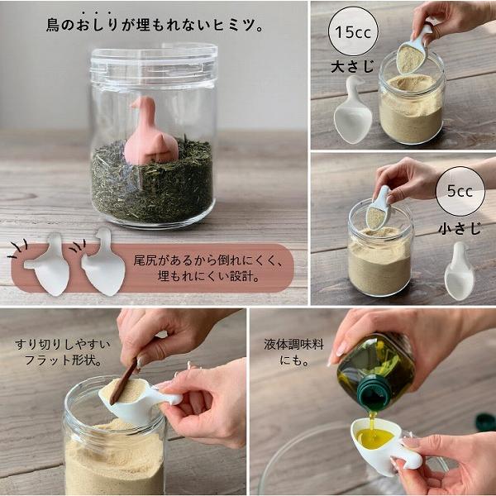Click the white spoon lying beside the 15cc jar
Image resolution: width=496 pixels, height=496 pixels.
[352, 112]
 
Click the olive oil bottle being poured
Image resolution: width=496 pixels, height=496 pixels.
[376, 369]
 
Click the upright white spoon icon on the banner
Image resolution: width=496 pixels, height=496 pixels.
[103, 263]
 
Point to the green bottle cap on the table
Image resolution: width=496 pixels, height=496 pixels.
[484, 422]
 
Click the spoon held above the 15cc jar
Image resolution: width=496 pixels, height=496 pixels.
[411, 53]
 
